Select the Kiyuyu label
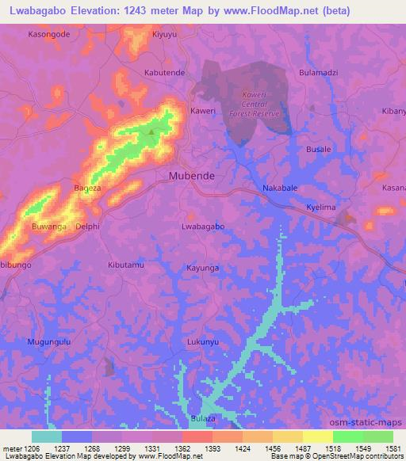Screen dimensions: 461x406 [164, 36]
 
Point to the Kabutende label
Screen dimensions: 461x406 [164, 72]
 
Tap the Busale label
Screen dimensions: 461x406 [319, 149]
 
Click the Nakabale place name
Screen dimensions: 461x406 [280, 189]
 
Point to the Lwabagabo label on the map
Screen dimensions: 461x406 [203, 227]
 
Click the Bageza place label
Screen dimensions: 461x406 [87, 189]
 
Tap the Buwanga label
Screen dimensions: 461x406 [48, 227]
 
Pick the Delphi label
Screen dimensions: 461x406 [88, 227]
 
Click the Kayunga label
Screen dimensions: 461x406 [202, 269]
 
